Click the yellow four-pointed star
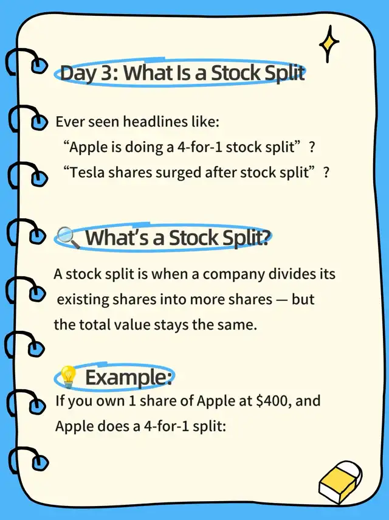(328, 44)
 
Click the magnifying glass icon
(68, 237)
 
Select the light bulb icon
(68, 376)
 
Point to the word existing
(83, 299)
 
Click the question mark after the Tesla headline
(326, 173)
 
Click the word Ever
(69, 122)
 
